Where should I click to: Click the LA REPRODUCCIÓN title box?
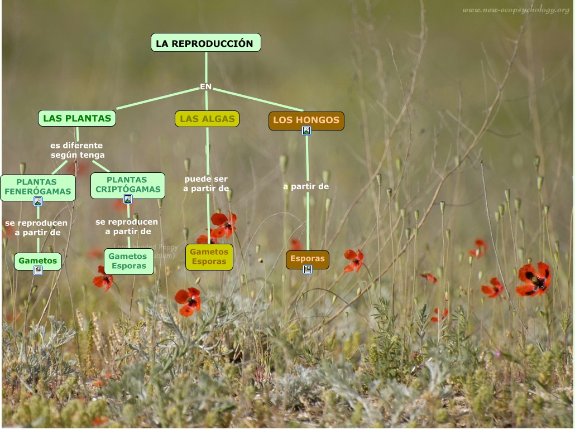point(205,43)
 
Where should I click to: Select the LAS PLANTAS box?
point(77,118)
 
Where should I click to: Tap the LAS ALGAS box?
point(207,119)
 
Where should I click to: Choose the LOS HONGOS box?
point(306,120)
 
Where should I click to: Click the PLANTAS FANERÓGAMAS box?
point(38,187)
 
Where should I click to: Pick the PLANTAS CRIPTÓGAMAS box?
point(128,185)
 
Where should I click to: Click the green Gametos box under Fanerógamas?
point(37,260)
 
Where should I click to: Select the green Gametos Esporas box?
point(128,261)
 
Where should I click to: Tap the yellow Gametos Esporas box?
point(209,257)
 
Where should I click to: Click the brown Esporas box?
point(307,259)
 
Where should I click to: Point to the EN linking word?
point(206,86)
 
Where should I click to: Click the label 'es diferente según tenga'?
point(77,151)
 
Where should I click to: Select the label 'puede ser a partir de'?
point(206,184)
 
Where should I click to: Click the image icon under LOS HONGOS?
point(306,131)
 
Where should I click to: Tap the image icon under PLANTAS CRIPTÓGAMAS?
point(128,199)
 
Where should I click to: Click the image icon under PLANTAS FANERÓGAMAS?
point(38,201)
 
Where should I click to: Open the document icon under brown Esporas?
point(307,269)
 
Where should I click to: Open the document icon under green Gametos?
point(38,270)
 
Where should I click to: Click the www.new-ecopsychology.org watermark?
point(515,10)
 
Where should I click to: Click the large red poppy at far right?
point(534,278)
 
